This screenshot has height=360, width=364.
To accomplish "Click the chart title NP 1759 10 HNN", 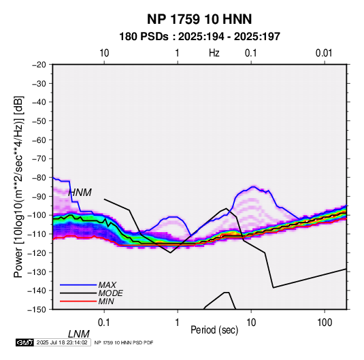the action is [199, 19].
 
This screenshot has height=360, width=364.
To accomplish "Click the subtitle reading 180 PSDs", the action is [144, 37].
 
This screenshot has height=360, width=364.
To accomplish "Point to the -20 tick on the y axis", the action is [39, 65].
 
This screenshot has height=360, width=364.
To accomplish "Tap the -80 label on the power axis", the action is [39, 178].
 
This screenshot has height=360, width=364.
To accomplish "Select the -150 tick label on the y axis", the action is [37, 310].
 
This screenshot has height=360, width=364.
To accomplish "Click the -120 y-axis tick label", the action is [37, 252].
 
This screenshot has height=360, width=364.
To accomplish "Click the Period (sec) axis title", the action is [214, 330].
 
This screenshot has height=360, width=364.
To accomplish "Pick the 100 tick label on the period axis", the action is [325, 323].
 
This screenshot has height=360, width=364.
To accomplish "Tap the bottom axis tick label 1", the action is [177, 323].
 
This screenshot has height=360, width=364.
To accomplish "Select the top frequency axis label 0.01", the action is [324, 53].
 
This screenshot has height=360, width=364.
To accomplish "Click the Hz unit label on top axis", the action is [214, 53].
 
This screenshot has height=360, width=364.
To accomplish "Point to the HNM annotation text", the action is [80, 193].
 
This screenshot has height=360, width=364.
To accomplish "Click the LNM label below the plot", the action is [79, 334].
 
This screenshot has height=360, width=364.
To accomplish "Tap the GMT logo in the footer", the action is [24, 342].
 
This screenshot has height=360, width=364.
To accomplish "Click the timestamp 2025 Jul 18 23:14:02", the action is [62, 342].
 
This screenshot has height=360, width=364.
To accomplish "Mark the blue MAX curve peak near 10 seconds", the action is [253, 186].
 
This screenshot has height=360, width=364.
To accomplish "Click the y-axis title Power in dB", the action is [18, 186].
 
